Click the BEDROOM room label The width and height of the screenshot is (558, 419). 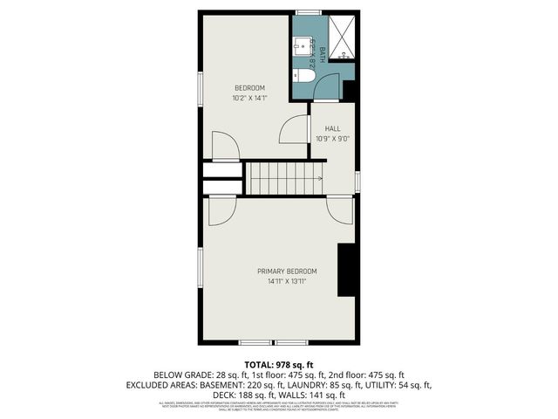click(x=249, y=88)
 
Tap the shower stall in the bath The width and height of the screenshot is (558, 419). click(x=342, y=38)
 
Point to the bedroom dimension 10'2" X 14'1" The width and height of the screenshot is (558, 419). click(x=249, y=98)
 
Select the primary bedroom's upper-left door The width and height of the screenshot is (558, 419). click(x=220, y=209)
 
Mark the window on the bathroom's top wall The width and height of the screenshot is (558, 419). click(x=308, y=11)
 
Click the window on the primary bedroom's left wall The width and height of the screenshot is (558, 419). click(x=201, y=270)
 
